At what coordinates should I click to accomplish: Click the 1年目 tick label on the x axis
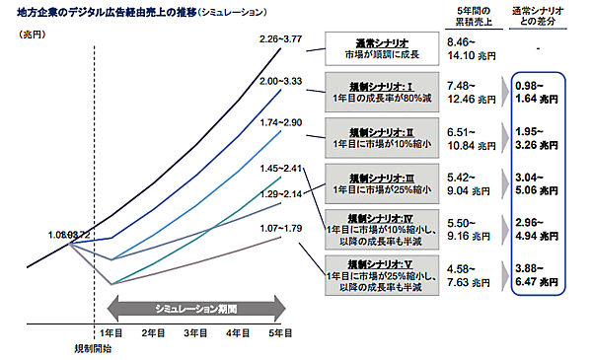pyautogui.click(x=111, y=334)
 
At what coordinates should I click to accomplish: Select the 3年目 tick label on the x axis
pyautogui.click(x=195, y=334)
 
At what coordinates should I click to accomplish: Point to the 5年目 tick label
pyautogui.click(x=280, y=334)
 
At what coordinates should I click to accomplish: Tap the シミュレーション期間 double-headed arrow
pyautogui.click(x=194, y=308)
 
